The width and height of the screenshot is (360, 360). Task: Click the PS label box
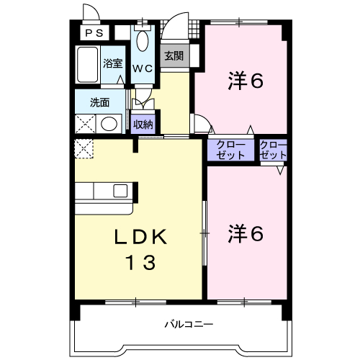[x=94, y=32]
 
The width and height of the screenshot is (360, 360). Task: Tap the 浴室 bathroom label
[x=113, y=63]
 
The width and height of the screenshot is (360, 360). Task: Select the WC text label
[x=143, y=68]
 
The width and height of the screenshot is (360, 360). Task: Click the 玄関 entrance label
[x=174, y=56]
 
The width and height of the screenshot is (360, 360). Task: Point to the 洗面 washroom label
[x=99, y=103]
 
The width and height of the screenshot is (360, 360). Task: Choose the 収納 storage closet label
[x=143, y=125]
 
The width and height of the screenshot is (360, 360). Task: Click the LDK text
[x=141, y=237]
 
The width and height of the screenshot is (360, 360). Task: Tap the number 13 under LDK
[x=141, y=262]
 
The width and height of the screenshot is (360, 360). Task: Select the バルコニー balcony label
[x=189, y=325]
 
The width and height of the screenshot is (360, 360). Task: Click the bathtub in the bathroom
[x=87, y=65]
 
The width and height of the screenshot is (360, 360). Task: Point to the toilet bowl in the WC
[x=143, y=41]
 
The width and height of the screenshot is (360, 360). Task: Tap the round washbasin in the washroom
[x=109, y=124]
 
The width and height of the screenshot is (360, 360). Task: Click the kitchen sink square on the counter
[x=120, y=191]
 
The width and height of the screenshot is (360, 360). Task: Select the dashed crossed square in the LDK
[x=84, y=149]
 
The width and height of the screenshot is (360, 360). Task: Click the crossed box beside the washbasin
[x=86, y=124]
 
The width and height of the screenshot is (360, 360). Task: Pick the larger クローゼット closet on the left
[x=230, y=150]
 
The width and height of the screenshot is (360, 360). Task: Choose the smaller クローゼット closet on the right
[x=274, y=150]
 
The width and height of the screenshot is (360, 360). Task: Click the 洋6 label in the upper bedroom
[x=246, y=81]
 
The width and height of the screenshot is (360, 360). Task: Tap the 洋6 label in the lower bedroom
[x=246, y=233]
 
